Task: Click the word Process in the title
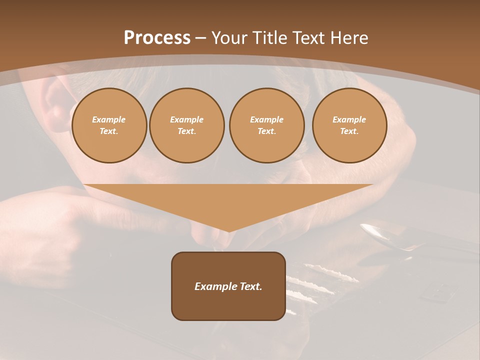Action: [x=157, y=38]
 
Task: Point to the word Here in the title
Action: [x=349, y=38]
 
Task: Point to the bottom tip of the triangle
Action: [x=228, y=230]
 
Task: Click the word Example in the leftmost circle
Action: [x=109, y=119]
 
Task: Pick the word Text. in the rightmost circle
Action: [x=349, y=131]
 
